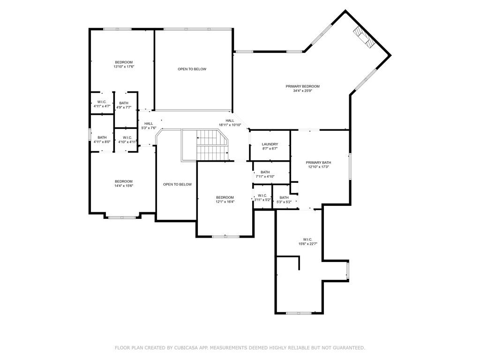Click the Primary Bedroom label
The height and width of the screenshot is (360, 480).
click(302, 86)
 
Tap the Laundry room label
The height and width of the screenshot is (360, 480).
click(270, 144)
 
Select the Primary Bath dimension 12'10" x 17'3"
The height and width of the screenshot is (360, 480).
click(319, 167)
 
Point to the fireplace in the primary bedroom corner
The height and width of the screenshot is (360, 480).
click(364, 37)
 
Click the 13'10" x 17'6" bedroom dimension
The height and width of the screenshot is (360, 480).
click(124, 67)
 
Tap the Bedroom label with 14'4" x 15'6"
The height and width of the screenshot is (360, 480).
click(124, 181)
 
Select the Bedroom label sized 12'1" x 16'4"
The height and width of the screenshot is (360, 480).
click(225, 197)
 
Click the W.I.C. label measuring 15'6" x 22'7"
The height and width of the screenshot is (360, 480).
click(307, 239)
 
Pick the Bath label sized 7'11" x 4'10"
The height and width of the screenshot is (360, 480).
click(265, 172)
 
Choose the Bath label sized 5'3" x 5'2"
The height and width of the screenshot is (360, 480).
click(284, 197)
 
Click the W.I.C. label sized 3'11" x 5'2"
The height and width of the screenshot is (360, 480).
click(262, 195)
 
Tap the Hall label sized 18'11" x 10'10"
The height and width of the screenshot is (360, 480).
click(229, 120)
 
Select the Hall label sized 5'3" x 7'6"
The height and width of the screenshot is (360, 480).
click(149, 123)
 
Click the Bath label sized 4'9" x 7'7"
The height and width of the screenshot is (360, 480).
click(124, 103)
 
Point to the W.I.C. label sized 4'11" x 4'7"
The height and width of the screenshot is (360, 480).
click(102, 102)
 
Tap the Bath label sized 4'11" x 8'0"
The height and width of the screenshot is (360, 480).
click(102, 137)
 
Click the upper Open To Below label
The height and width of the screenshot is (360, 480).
click(192, 69)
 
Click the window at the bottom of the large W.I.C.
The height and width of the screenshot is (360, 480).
click(299, 313)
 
